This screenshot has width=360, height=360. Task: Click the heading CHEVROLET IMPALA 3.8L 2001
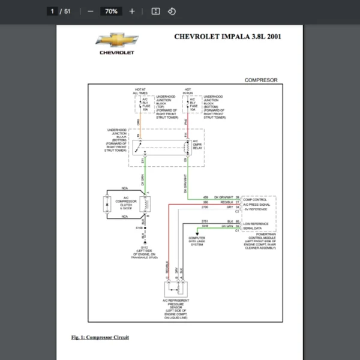pos(228,36)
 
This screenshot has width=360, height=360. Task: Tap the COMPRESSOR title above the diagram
pos(261,80)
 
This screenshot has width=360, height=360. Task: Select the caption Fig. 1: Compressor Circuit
pos(100,337)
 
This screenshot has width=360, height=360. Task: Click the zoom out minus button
pos(90,11)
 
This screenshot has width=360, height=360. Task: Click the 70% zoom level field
pos(111,11)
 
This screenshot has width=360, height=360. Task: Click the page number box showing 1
pos(53,11)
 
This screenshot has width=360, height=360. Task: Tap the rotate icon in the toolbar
pos(172,11)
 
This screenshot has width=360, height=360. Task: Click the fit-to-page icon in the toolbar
pos(155,11)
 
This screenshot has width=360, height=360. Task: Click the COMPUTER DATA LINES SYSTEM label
pos(197,241)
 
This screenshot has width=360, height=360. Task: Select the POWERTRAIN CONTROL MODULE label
pos(259,236)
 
